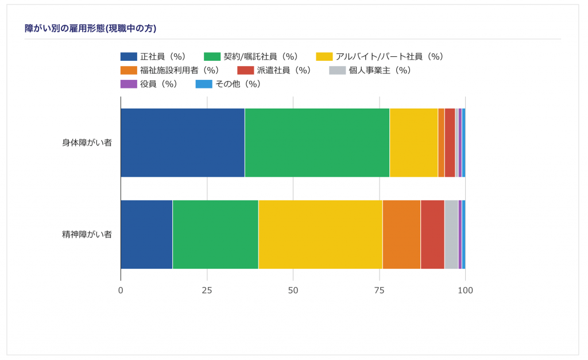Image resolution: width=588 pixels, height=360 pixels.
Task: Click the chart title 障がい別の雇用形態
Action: pyautogui.click(x=91, y=28)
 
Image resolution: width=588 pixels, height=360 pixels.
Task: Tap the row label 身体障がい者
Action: pyautogui.click(x=87, y=142)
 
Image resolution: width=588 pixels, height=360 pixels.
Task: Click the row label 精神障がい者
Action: pyautogui.click(x=87, y=234)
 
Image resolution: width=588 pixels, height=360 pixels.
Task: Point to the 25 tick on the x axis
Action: pyautogui.click(x=207, y=291)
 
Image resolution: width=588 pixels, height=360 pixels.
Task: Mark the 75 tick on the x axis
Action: pyautogui.click(x=379, y=291)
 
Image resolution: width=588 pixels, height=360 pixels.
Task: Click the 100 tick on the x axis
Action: pyautogui.click(x=465, y=291)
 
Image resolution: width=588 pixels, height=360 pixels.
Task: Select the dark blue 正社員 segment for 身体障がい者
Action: pyautogui.click(x=183, y=142)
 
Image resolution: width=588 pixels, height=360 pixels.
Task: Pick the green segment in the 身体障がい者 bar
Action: pyautogui.click(x=317, y=142)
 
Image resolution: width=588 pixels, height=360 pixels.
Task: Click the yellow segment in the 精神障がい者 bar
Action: pyautogui.click(x=320, y=234)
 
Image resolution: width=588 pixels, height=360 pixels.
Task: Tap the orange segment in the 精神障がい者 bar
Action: pyautogui.click(x=401, y=234)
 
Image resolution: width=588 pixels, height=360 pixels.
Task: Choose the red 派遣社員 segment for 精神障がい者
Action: pyautogui.click(x=432, y=234)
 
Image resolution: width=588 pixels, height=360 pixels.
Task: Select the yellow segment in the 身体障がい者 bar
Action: pyautogui.click(x=413, y=142)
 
